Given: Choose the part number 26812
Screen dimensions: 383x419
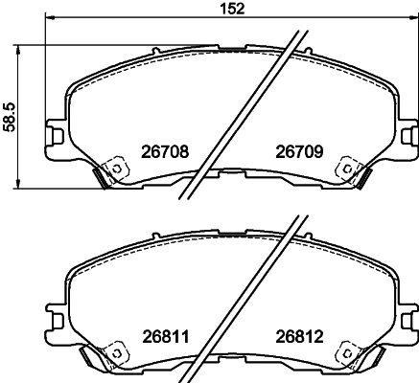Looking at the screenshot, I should click(297, 337).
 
